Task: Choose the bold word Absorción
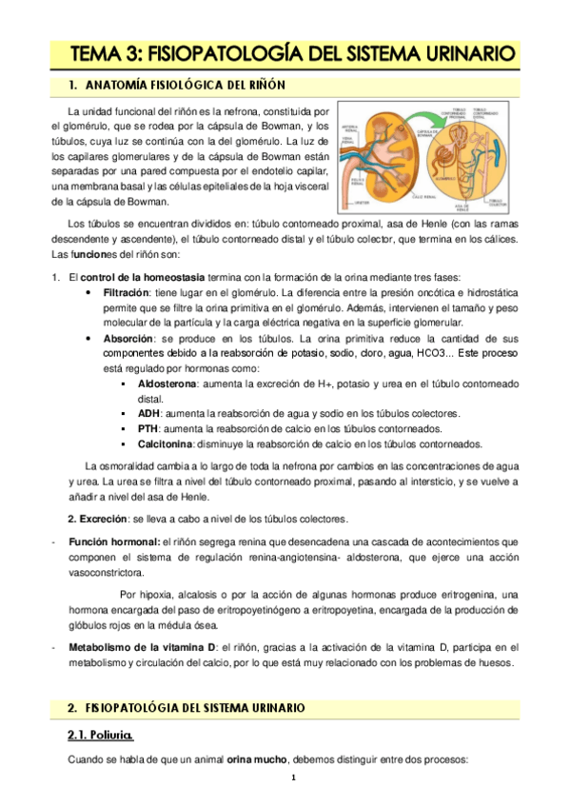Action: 130,338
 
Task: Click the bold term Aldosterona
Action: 167,383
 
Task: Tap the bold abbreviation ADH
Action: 147,413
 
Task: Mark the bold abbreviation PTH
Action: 147,428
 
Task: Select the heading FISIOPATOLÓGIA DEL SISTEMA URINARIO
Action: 195,709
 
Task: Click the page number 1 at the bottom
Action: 294,777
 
